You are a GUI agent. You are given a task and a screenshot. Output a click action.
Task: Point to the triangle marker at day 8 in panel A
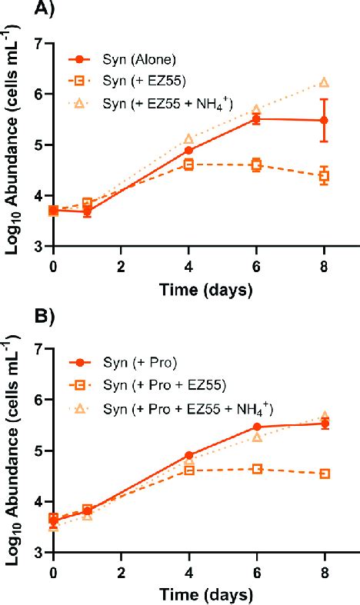[324, 82]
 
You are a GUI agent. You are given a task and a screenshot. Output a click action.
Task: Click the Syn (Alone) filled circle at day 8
[324, 121]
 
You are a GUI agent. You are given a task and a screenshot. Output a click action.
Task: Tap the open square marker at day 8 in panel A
[324, 176]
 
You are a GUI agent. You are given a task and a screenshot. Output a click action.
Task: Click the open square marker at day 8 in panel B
[324, 474]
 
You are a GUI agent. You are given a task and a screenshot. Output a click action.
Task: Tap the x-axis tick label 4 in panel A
[188, 265]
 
